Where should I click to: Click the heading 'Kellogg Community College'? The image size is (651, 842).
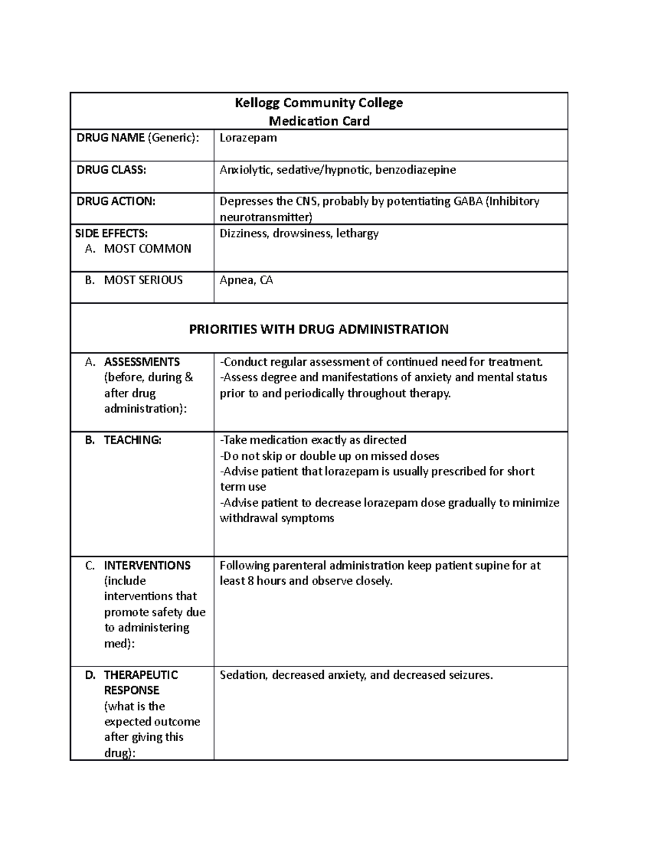318,102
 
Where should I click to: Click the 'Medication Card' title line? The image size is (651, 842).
319,121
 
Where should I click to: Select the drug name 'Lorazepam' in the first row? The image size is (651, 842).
248,138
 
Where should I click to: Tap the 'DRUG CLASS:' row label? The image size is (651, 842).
111,170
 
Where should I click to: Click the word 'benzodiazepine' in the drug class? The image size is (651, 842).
416,170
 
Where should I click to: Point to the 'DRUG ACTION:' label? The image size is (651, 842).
116,201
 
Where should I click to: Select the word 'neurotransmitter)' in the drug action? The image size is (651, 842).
266,217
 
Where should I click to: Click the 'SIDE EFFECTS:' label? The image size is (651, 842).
111,233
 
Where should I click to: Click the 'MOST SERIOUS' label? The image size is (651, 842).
143,280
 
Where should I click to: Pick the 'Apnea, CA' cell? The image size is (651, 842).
246,280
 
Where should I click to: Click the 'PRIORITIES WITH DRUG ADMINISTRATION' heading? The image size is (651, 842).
318,329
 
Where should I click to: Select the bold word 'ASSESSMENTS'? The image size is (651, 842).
142,362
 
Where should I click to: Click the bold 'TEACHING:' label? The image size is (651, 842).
132,440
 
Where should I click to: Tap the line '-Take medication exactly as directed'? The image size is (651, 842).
313,440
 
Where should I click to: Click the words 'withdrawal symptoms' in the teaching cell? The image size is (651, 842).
277,518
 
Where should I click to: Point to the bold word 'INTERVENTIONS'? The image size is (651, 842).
147,565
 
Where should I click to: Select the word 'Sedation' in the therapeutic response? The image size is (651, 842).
243,675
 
